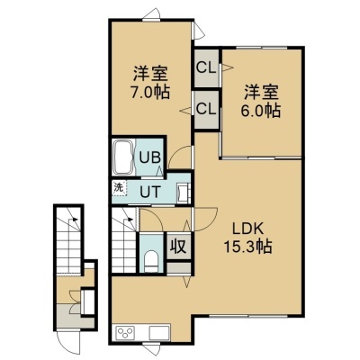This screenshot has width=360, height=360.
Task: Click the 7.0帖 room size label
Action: (x=150, y=92)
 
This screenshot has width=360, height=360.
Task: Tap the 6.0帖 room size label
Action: (x=260, y=111)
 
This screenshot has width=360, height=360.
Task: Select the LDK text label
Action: (x=248, y=229)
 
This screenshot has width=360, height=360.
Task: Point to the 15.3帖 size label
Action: (x=247, y=247)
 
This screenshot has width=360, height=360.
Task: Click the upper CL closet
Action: (x=206, y=68)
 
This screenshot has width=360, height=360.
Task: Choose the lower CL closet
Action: (x=206, y=110)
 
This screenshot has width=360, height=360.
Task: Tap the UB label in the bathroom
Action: (x=150, y=157)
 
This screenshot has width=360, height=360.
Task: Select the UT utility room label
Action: (x=150, y=192)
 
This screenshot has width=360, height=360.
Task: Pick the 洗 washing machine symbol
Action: (x=120, y=188)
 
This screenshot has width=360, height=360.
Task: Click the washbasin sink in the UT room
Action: (x=183, y=193)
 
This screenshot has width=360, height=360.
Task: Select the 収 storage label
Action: (x=179, y=247)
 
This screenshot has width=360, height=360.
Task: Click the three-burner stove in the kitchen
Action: (x=126, y=332)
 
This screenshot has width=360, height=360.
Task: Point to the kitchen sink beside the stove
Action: (x=159, y=332)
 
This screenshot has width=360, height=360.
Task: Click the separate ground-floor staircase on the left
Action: (x=68, y=239)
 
